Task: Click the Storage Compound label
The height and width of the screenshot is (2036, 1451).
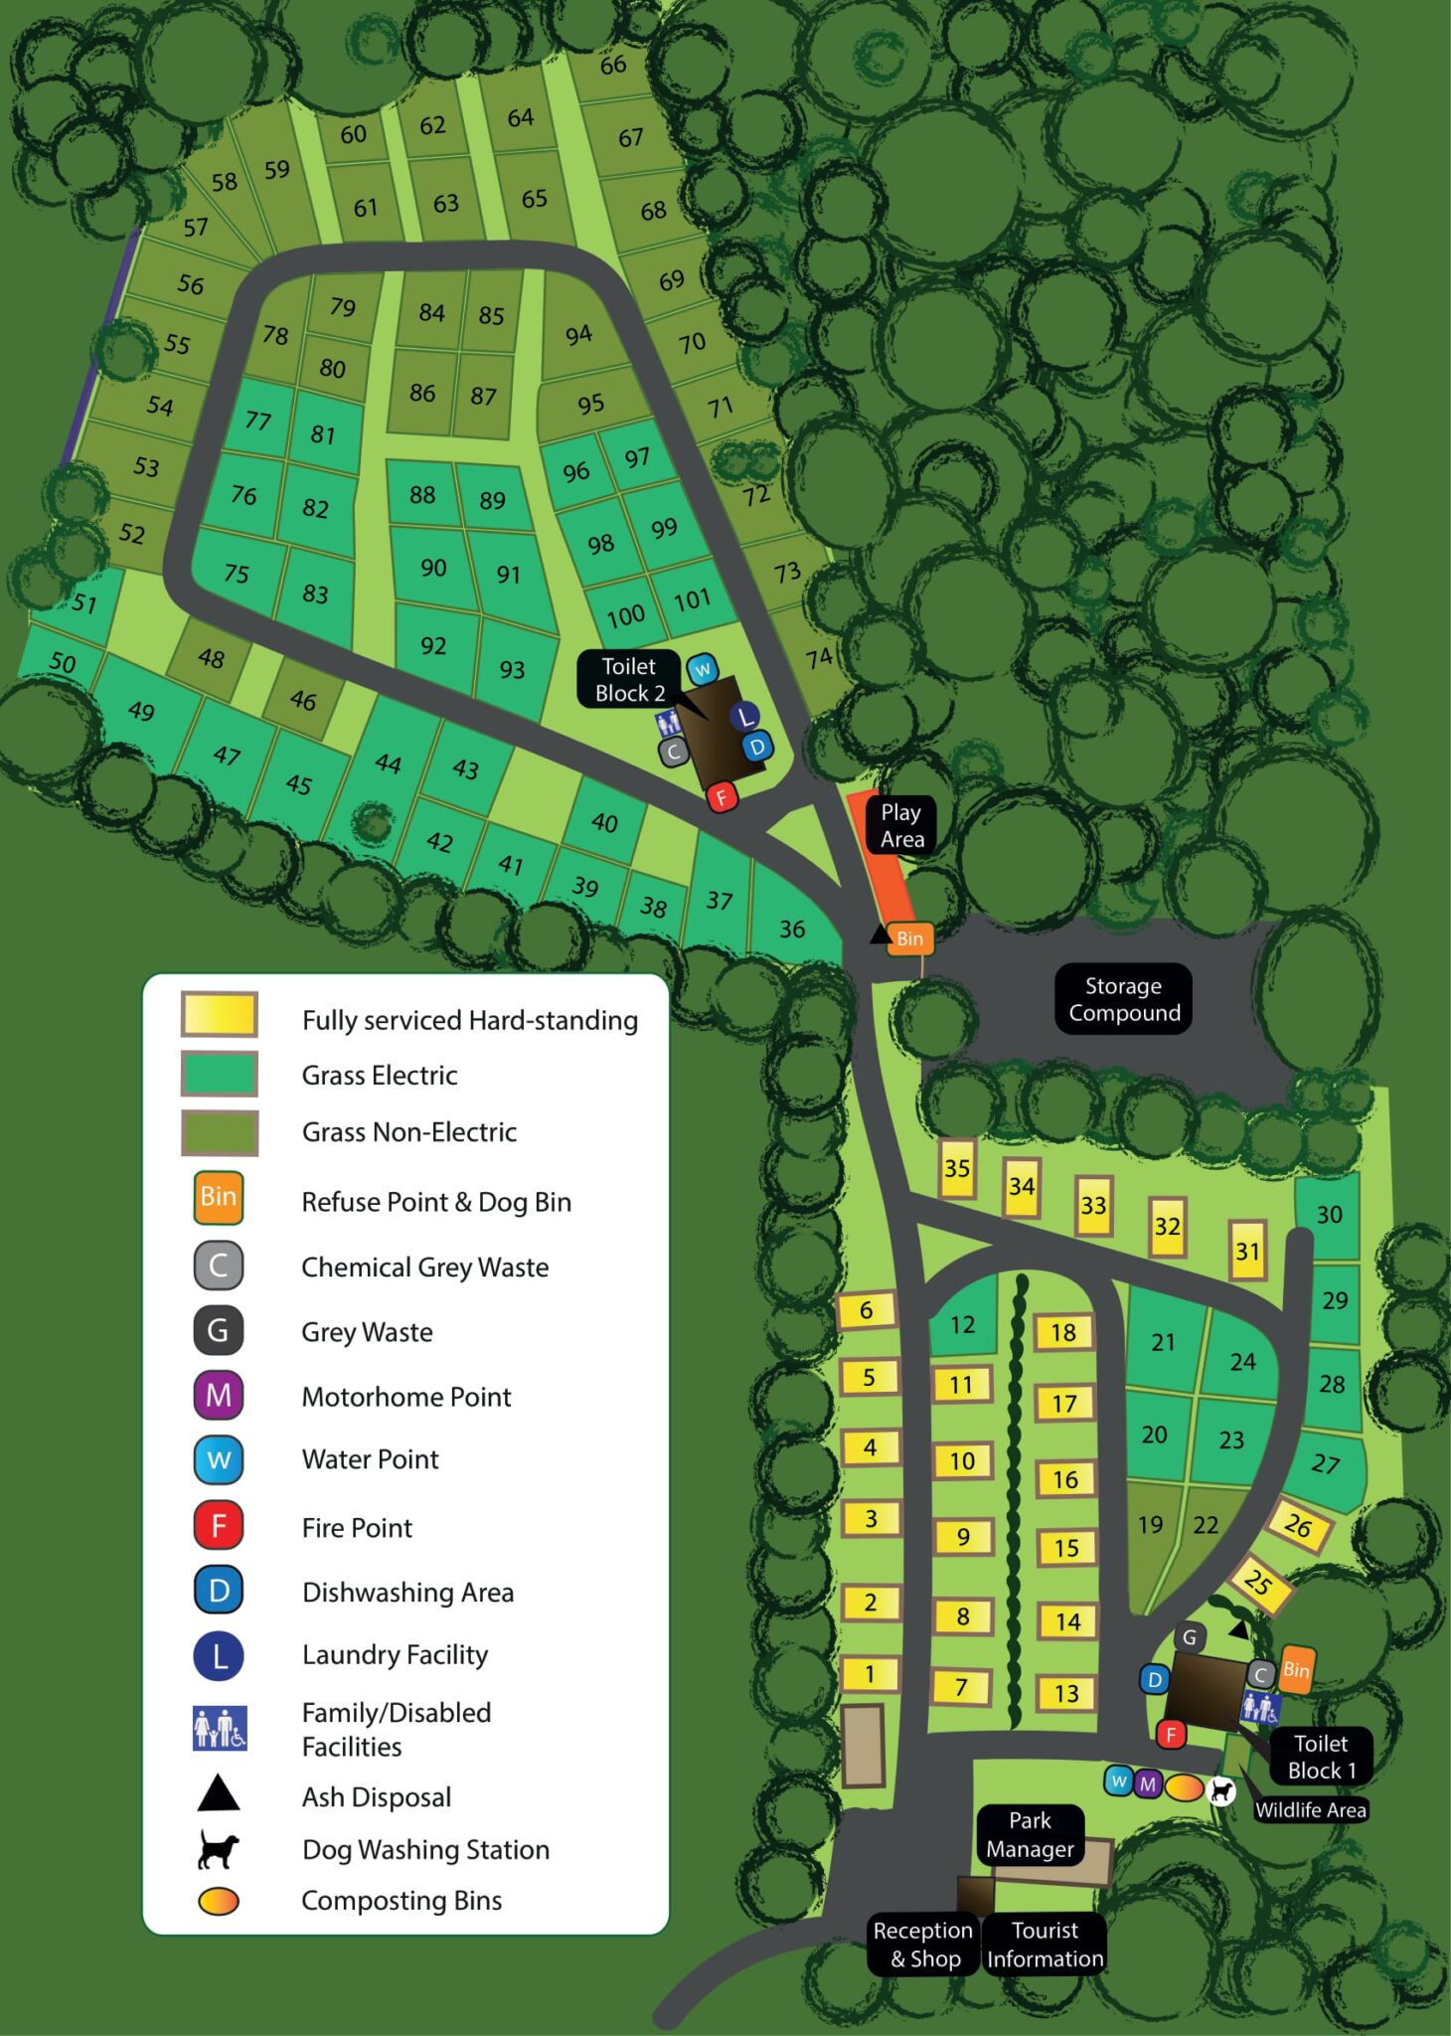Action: tap(1123, 998)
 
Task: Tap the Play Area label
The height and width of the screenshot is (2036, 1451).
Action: tap(900, 825)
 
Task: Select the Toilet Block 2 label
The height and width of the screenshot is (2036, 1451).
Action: tap(629, 680)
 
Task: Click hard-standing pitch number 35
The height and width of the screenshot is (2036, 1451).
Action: tap(957, 1168)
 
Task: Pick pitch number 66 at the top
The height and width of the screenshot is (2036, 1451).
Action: tap(612, 65)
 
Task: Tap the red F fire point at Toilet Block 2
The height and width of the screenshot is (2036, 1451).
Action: tap(723, 796)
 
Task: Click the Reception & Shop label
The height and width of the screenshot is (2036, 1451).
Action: tap(923, 1944)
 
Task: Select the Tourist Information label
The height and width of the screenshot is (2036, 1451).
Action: tap(1045, 1944)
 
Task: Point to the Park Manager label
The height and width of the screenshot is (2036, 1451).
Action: tap(1030, 1834)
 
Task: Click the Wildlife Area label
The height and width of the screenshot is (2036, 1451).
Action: tap(1310, 1809)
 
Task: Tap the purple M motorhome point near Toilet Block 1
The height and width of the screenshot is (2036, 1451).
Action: tap(1148, 1783)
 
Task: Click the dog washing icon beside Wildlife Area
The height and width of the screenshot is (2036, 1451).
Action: tap(1220, 1790)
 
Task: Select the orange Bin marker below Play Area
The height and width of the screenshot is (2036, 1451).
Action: tap(909, 938)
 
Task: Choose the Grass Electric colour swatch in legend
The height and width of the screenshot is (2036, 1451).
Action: tap(220, 1075)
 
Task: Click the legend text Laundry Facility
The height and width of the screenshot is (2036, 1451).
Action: tap(395, 1654)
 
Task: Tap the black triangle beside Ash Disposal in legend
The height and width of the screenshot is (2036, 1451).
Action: tap(219, 1794)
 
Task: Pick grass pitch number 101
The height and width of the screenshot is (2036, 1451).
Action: tap(692, 599)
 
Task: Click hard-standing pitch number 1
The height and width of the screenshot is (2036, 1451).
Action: tap(870, 1674)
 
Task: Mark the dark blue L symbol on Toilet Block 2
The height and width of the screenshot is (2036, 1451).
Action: tap(745, 716)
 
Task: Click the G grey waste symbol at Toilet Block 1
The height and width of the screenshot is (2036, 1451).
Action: tap(1190, 1637)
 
